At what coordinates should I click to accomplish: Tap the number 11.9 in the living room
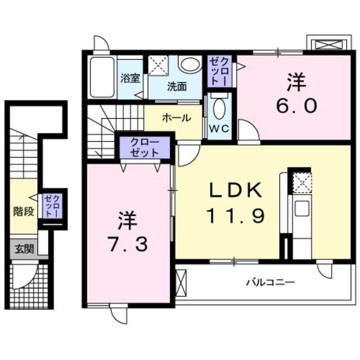[236, 215]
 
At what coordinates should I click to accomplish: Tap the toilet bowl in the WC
[219, 107]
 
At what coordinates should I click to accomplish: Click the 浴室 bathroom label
[130, 79]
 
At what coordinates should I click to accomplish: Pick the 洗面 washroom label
[176, 87]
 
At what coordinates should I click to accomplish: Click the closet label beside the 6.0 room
[218, 71]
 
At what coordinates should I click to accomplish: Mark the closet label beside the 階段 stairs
[53, 206]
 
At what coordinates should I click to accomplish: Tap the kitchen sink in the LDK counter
[302, 207]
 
